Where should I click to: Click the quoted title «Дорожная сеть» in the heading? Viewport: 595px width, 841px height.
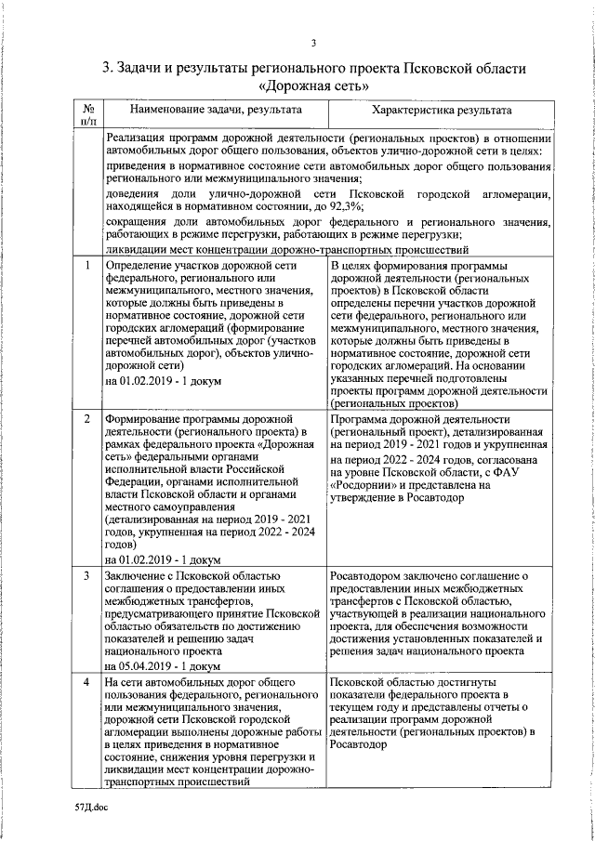pos(313,85)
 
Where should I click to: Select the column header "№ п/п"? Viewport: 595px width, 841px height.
pos(86,114)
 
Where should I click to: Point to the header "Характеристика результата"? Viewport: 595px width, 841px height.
pos(437,110)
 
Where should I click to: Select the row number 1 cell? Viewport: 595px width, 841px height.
pos(86,267)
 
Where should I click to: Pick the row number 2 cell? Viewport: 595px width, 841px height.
pos(86,420)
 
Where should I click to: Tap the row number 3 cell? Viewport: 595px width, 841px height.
pos(86,577)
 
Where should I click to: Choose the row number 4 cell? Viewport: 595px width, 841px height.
pos(86,683)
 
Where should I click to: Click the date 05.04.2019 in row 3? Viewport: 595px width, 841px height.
pos(152,667)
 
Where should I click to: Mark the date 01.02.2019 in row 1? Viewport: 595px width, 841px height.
pos(152,381)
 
